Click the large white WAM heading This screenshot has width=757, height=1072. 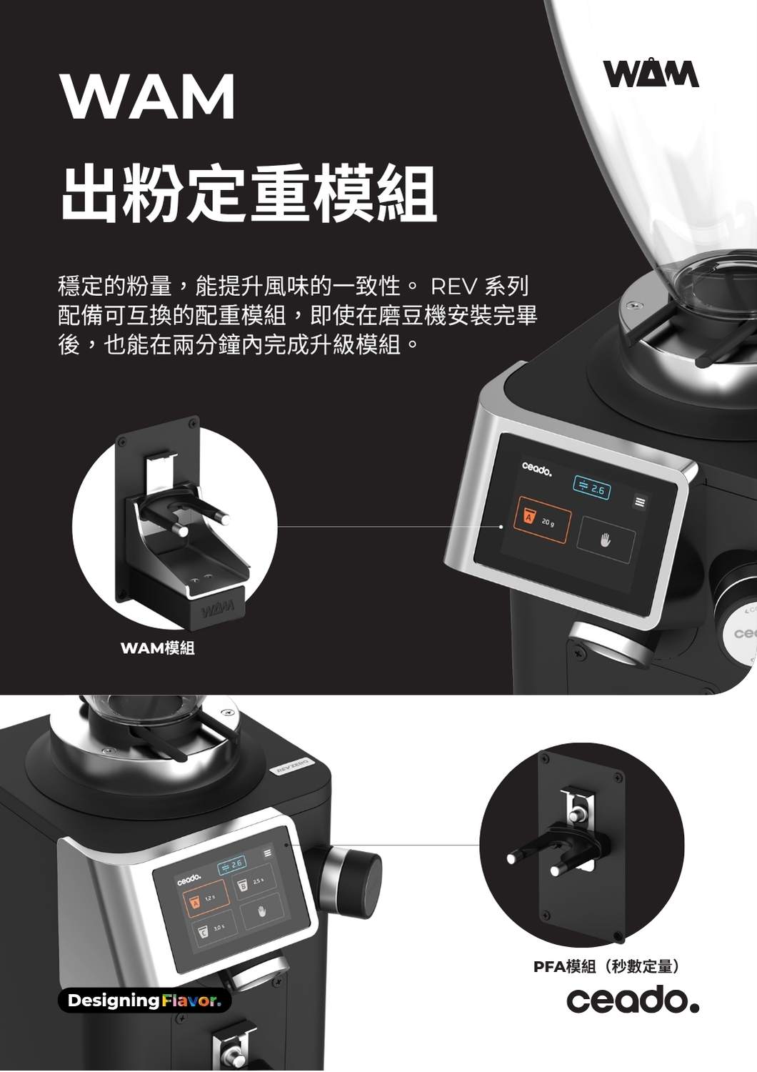[148, 96]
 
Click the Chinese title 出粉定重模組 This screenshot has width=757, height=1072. [249, 194]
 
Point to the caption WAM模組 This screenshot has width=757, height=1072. [158, 648]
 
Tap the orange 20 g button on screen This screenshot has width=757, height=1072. [545, 521]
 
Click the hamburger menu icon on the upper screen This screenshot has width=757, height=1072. [640, 502]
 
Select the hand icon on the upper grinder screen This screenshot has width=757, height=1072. [606, 540]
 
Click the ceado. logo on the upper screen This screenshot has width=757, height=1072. [537, 469]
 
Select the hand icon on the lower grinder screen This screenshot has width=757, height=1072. [261, 912]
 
